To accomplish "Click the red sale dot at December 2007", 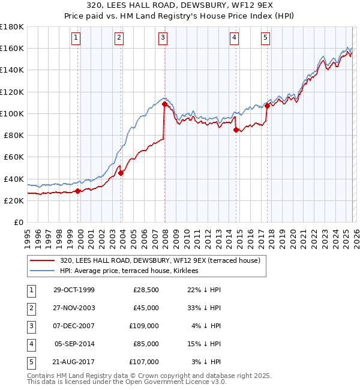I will [x=164, y=104].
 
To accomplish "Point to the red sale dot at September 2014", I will [x=235, y=130].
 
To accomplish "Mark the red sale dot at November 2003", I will [x=121, y=173].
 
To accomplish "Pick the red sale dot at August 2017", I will [x=266, y=106].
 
